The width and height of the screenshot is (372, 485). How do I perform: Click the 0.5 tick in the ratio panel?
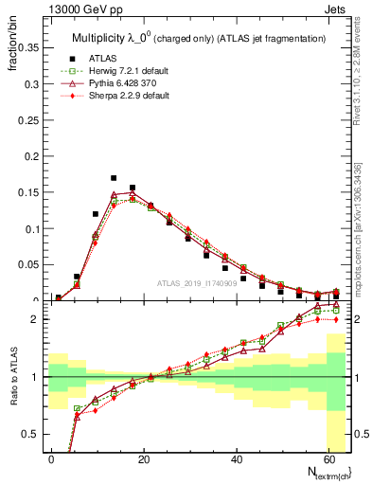pyautogui.click(x=32, y=434)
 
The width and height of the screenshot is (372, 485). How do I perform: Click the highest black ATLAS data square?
pyautogui.click(x=114, y=178)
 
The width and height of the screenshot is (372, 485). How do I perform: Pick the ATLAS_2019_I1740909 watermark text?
pyautogui.click(x=196, y=282)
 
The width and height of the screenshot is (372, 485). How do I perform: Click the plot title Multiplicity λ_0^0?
pyautogui.click(x=200, y=38)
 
